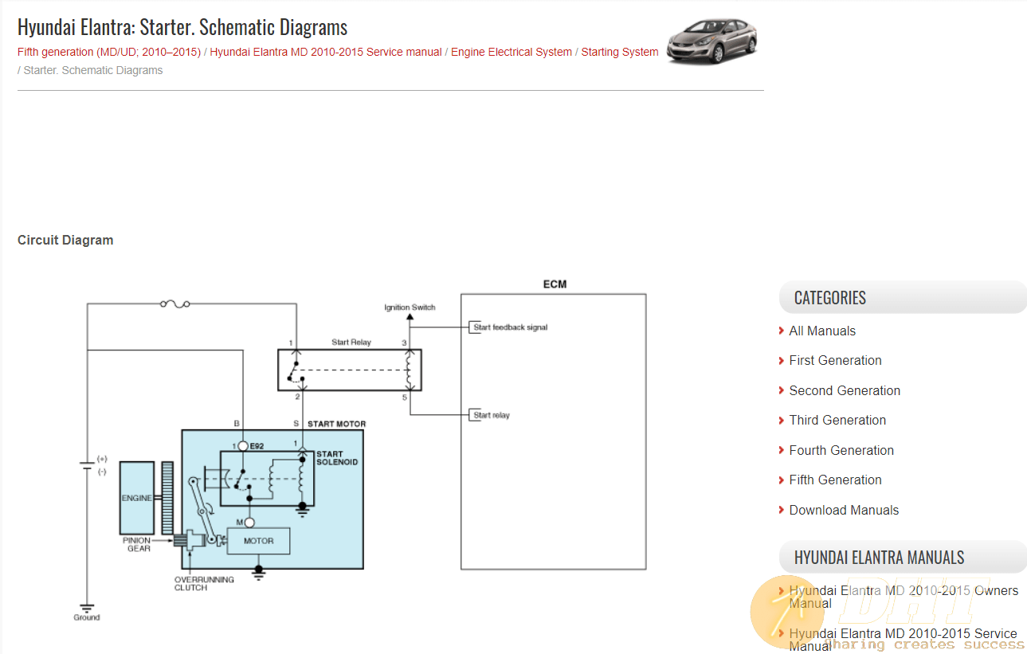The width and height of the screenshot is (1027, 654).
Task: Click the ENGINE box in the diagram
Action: [x=136, y=498]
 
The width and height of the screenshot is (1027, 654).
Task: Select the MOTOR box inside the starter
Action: [x=258, y=541]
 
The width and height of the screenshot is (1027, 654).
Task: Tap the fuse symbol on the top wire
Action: [x=174, y=304]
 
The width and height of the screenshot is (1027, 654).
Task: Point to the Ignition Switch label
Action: [x=410, y=307]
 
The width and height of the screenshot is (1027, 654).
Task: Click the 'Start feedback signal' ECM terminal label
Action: [x=510, y=327]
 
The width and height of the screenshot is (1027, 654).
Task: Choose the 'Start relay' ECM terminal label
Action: [x=492, y=415]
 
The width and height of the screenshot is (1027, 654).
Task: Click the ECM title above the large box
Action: [x=555, y=284]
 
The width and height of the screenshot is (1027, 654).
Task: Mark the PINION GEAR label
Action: [x=137, y=544]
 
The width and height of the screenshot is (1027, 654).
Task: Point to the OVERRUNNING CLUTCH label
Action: [x=204, y=584]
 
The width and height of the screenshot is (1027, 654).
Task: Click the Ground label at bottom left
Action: [x=87, y=617]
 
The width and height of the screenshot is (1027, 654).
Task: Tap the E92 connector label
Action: [x=257, y=446]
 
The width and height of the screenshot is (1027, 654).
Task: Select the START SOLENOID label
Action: [x=337, y=458]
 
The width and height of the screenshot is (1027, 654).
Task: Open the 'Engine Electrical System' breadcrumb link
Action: [x=512, y=52]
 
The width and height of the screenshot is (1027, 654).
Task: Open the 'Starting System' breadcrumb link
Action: [x=619, y=52]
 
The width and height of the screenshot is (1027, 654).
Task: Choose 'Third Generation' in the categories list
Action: [x=837, y=421]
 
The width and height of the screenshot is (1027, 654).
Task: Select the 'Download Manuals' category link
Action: [x=844, y=510]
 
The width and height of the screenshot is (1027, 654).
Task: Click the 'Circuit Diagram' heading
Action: [x=65, y=240]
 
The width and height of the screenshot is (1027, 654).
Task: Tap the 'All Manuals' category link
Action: [x=822, y=331]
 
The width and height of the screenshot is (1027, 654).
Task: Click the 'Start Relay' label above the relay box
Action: [x=351, y=343]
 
